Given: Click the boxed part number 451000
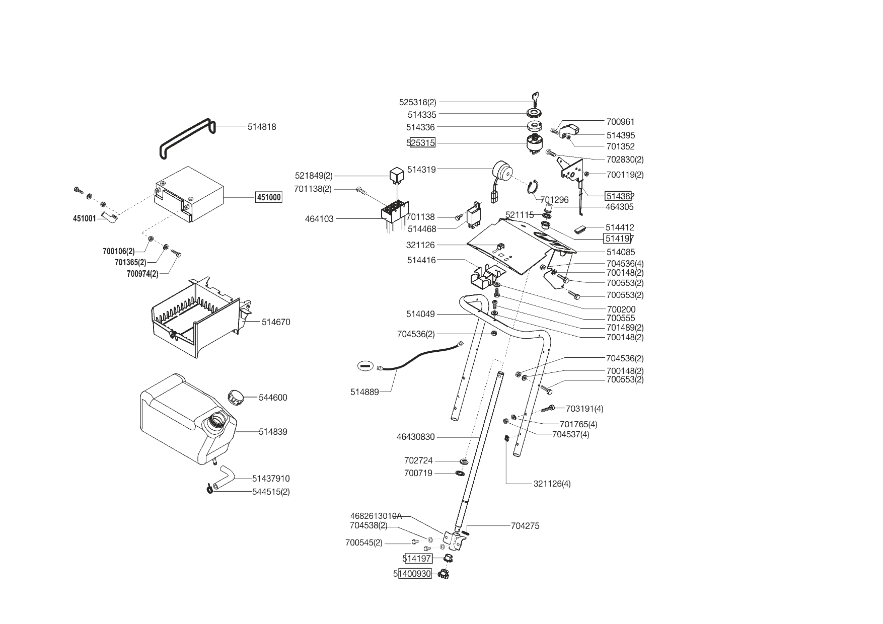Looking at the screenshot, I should click(x=269, y=197).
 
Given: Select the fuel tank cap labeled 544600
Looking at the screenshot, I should click(x=235, y=396).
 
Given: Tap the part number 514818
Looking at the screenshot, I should click(x=262, y=127).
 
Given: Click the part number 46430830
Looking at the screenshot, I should click(x=415, y=437).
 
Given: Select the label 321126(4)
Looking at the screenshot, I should click(x=552, y=484).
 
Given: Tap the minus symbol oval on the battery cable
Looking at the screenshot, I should click(x=366, y=365).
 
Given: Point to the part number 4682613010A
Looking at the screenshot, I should click(x=376, y=516).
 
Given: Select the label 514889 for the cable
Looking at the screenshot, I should click(x=364, y=392).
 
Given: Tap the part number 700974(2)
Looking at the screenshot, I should click(x=142, y=274).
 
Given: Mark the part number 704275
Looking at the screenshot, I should click(x=525, y=526).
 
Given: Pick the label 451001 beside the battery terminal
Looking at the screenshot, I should click(x=84, y=219).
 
